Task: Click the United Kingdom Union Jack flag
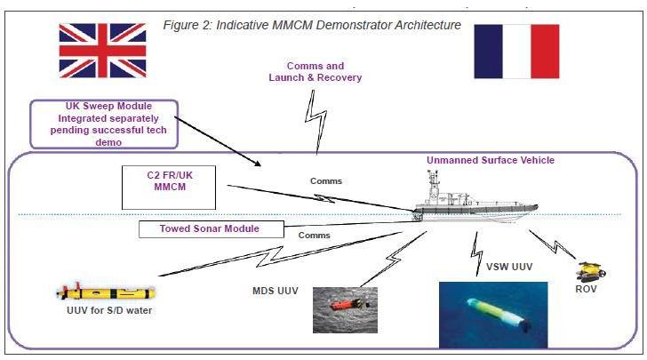(97, 52)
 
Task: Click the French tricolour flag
(516, 52)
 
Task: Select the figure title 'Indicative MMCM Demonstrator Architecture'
(312, 24)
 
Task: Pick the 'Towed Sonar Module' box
(210, 229)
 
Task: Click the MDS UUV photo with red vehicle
(344, 309)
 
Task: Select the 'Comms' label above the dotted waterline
(325, 181)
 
